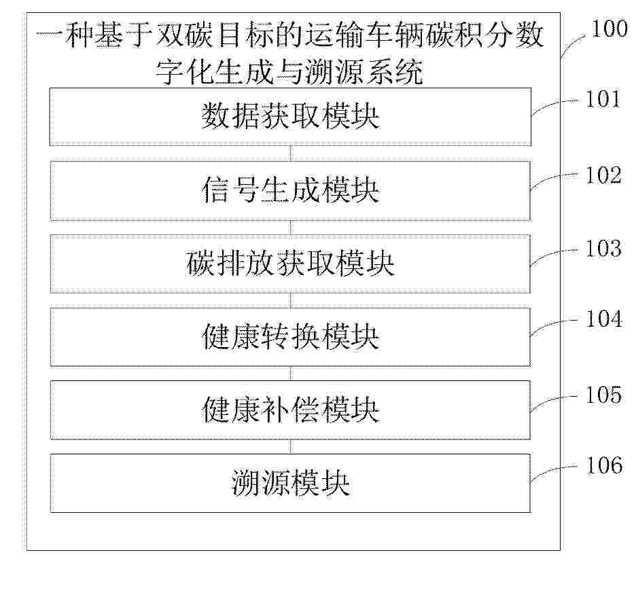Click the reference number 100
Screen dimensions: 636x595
tap(609, 29)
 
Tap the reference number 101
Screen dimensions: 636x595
tap(603, 99)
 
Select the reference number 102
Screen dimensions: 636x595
tap(603, 175)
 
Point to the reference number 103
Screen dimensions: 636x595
tap(603, 248)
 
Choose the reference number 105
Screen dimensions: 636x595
tap(603, 394)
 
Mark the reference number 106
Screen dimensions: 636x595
tap(604, 465)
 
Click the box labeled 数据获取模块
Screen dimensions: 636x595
tap(290, 117)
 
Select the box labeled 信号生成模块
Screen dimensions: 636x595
tap(290, 191)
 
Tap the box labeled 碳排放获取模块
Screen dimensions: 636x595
tap(290, 264)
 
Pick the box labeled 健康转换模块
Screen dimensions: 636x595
tap(290, 337)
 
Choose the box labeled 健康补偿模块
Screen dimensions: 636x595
tap(290, 410)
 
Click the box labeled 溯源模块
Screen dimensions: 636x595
tap(290, 483)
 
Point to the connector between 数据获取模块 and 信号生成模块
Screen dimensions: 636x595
tap(290, 154)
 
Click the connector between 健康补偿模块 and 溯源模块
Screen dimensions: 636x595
tap(290, 446)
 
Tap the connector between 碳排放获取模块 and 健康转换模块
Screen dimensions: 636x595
tap(290, 300)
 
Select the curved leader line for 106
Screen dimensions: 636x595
tap(552, 469)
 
